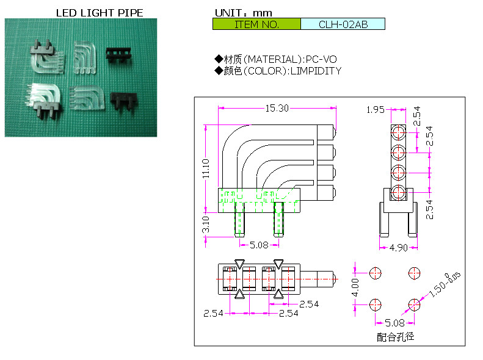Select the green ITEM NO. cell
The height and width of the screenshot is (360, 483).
click(x=256, y=24)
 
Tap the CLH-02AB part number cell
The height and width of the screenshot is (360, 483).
click(x=343, y=24)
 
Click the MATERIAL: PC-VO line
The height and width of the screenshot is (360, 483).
click(x=276, y=59)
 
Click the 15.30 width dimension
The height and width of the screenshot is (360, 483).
click(x=277, y=108)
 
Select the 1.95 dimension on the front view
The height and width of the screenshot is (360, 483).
click(x=375, y=110)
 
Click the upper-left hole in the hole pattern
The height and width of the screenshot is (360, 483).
click(x=376, y=272)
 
